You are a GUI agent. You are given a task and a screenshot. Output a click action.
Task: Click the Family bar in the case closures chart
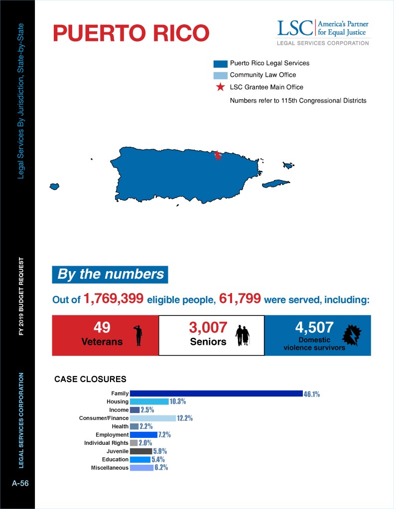[x=216, y=394]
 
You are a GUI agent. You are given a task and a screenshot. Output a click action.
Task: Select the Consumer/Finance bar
[x=152, y=418]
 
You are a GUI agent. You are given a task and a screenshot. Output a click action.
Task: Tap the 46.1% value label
[x=311, y=394]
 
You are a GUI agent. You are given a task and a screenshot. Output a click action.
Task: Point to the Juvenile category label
[x=116, y=451]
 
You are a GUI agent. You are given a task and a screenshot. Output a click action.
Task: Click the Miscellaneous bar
[x=141, y=468]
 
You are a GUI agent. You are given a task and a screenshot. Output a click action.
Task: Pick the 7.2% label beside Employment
[x=164, y=435]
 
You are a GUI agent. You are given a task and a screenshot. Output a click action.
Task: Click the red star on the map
[x=217, y=155]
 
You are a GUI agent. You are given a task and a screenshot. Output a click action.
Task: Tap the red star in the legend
[x=220, y=87]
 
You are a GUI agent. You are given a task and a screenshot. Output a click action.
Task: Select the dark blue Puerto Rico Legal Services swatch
[x=220, y=64]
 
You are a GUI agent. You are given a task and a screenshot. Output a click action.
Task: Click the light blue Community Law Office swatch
[x=220, y=75]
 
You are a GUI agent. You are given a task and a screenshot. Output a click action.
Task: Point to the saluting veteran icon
[x=138, y=334]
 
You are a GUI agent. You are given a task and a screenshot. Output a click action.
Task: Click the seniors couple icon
[x=243, y=335]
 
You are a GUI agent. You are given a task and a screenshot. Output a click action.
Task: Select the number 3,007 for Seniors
[x=208, y=328]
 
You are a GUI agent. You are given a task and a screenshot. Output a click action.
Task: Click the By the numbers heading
[x=110, y=274]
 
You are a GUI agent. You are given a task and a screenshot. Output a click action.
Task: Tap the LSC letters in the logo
[x=294, y=28]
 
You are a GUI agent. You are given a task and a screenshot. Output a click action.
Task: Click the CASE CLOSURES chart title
[x=90, y=379]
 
